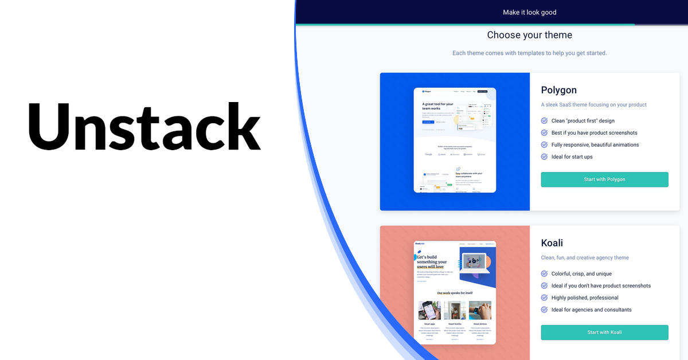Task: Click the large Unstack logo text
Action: [x=144, y=126]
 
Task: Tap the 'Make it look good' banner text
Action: [x=529, y=12]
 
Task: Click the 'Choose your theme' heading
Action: [x=529, y=35]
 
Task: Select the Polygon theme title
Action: [x=558, y=90]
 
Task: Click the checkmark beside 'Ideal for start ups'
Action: [x=544, y=156]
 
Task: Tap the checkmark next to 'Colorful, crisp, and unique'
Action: [x=544, y=274]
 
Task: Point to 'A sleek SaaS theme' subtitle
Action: [x=593, y=105]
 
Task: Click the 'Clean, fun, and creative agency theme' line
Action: [x=585, y=258]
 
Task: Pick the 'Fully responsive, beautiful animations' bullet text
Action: [x=595, y=145]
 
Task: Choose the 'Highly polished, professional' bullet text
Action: [x=585, y=298]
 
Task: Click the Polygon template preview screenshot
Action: [x=455, y=140]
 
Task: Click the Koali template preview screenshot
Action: [x=455, y=292]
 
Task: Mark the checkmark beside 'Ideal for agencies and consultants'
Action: [x=544, y=310]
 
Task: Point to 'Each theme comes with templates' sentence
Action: [x=529, y=53]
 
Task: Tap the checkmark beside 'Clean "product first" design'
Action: [x=544, y=121]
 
